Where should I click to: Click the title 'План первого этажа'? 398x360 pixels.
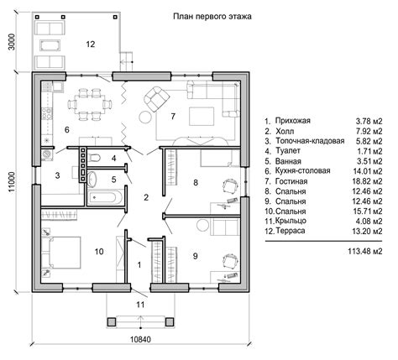coord(212,17)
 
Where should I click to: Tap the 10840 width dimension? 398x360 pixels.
coord(140,340)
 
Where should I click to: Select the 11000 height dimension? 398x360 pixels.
coord(12,181)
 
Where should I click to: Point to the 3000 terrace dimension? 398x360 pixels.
coord(12,42)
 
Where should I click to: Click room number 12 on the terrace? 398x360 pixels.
coord(91,44)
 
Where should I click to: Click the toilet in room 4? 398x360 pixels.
coord(95,158)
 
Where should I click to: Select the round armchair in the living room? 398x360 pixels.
coord(157,99)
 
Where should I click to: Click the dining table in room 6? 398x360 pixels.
coord(90,104)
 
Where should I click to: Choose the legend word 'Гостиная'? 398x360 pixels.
coord(291,181)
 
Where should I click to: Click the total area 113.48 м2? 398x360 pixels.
coord(365,251)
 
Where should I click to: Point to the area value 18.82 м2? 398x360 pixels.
coord(367,181)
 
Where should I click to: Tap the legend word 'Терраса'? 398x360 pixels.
coord(291,231)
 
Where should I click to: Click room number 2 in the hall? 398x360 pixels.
coord(146,197)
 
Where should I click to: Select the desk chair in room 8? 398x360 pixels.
coord(231,186)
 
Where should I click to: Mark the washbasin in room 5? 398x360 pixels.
coord(92,179)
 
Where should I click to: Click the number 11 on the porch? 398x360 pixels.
coord(140,305)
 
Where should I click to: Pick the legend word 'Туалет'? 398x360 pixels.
coord(288,151)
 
